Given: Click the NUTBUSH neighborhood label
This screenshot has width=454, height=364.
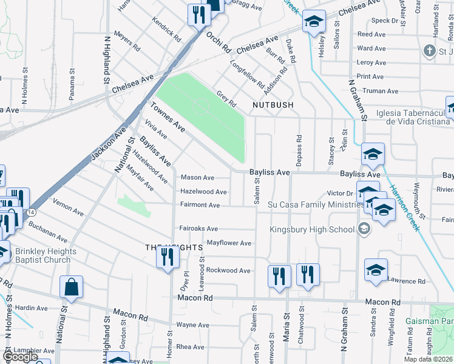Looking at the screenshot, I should coord(273,105).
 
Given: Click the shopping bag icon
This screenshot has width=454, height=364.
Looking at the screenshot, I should coord(72,289).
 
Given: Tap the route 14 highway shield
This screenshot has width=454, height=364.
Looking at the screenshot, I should coord(31,212).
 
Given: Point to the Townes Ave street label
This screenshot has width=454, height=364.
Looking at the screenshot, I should coord(168,116).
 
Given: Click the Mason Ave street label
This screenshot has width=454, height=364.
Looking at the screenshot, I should coord(198,178).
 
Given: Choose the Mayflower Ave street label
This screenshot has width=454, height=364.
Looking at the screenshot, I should coord(229,243).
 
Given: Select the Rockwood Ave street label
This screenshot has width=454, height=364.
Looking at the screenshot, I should coord(228,270).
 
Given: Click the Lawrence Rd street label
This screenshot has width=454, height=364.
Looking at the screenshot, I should coord(407,281).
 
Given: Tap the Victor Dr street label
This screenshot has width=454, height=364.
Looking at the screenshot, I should coord(340,193).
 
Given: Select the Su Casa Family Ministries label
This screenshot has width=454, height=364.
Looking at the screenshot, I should coord(316,204).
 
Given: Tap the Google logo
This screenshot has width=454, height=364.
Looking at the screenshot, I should coord(19,356).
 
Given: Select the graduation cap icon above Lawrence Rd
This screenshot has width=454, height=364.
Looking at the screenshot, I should coord(376,269).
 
